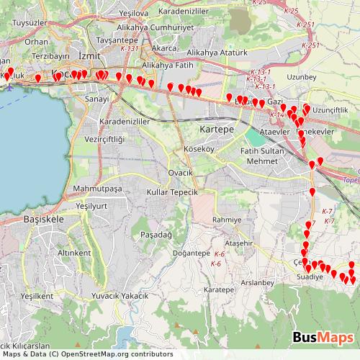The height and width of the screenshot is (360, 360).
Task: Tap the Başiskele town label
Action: (x=45, y=218)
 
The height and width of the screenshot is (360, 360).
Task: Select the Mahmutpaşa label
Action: (x=94, y=189)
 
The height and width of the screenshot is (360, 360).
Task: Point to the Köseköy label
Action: (x=199, y=149)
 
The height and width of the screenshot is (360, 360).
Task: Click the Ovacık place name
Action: (x=181, y=173)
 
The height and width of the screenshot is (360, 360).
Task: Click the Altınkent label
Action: (x=74, y=253)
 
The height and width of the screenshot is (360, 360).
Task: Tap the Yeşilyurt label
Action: (x=91, y=206)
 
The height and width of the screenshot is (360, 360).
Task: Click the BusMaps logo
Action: (x=323, y=337)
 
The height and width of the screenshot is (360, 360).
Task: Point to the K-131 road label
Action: (x=130, y=48)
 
